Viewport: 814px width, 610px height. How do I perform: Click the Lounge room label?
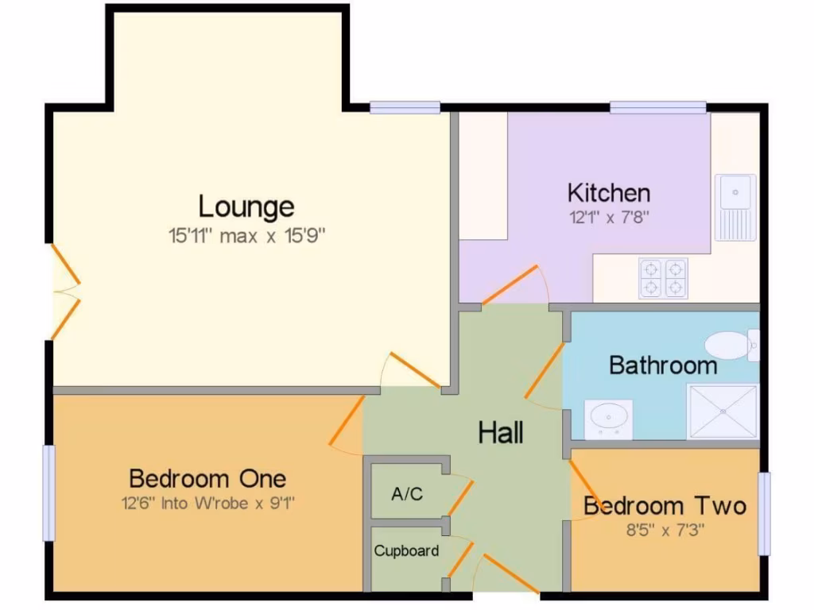(x=246, y=207)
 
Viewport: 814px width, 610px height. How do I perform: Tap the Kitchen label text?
(x=609, y=193)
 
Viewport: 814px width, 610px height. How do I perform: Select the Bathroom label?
(x=663, y=365)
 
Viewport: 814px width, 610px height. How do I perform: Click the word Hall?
(x=501, y=434)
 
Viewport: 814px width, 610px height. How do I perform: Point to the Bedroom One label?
(x=207, y=479)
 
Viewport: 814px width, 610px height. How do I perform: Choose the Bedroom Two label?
(x=665, y=506)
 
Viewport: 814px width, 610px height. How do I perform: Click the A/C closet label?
(x=407, y=494)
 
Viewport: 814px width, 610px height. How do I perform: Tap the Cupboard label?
(x=406, y=550)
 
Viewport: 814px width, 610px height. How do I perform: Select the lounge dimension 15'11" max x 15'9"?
(x=248, y=236)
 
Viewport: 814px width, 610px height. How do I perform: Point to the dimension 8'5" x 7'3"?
(x=665, y=529)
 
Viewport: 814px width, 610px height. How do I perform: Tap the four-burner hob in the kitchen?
(x=664, y=278)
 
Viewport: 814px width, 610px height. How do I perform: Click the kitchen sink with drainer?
(x=735, y=207)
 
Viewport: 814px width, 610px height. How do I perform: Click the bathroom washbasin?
(x=609, y=417)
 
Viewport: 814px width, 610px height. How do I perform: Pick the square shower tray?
(x=723, y=411)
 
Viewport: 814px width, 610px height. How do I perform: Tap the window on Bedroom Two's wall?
(x=764, y=513)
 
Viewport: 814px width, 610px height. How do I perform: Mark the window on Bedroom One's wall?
(x=49, y=492)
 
